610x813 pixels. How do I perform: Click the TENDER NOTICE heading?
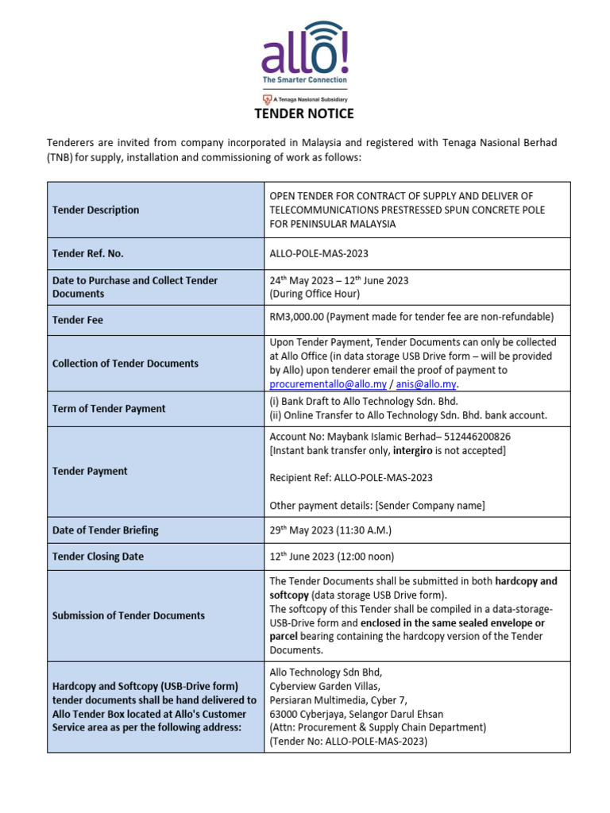click(304, 114)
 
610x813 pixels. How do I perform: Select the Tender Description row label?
click(95, 210)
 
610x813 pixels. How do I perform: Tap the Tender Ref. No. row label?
click(87, 254)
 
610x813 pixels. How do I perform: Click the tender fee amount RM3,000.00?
click(296, 317)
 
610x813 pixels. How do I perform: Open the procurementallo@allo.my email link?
click(328, 384)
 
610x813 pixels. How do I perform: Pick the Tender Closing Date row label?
click(98, 557)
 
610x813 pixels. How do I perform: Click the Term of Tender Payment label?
click(109, 409)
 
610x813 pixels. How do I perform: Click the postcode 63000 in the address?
click(284, 714)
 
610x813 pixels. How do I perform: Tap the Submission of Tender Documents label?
click(128, 615)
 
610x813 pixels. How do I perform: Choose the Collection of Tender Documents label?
click(125, 364)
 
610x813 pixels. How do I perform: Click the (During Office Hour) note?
click(315, 294)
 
